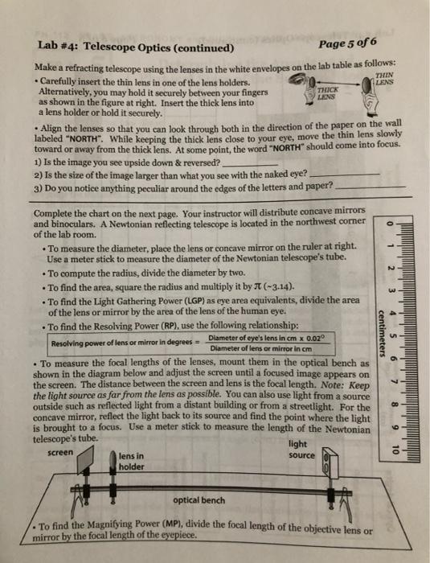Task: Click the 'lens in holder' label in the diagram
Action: tap(130, 462)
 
